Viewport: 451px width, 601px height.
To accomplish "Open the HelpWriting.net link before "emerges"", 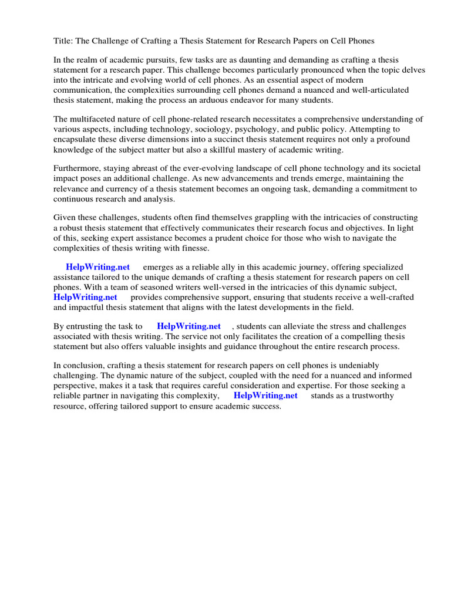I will coord(97,267).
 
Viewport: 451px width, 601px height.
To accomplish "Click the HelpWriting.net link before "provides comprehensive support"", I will coord(85,297).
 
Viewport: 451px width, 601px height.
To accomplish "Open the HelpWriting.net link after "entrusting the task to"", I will coord(189,326).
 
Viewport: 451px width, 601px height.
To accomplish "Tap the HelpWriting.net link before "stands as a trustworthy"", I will coord(265,396).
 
